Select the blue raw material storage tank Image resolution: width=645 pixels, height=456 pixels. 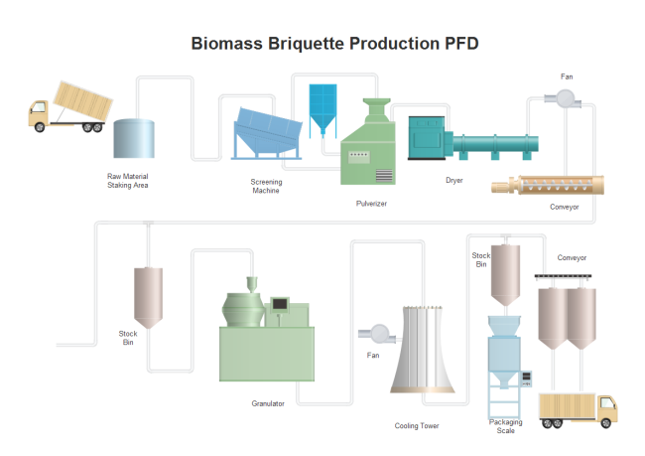134,139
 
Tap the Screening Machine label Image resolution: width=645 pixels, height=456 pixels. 266,186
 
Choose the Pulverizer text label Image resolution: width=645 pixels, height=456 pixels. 371,203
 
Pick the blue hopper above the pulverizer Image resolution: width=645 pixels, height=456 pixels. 323,107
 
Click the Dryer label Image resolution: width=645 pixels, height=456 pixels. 454,180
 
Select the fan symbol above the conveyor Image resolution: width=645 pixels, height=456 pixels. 568,97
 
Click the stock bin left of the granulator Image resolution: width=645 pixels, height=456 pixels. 149,297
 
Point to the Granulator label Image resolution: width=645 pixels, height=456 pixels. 268,403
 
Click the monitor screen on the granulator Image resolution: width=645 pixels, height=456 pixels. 281,302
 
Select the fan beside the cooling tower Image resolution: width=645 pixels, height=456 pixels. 377,333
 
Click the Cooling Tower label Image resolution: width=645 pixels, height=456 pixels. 417,426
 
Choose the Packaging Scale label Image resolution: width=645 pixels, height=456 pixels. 506,426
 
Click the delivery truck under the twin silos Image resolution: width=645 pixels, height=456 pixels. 578,408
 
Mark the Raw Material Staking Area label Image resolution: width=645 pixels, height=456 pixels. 127,181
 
